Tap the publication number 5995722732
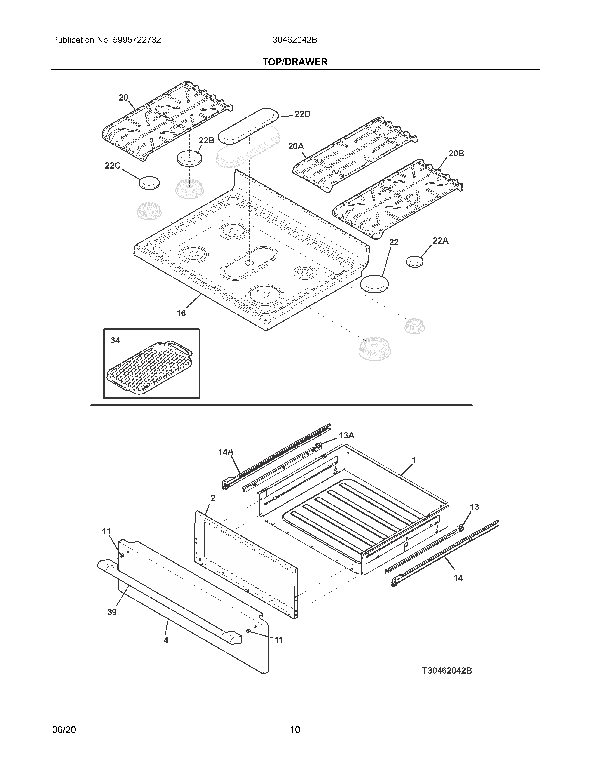coord(137,40)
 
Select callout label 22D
coord(302,114)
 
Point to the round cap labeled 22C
coord(149,183)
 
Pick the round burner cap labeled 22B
coord(189,159)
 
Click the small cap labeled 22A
coord(415,261)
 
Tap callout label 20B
coord(456,153)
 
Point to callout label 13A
coord(346,435)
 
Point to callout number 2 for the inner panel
coord(213,498)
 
